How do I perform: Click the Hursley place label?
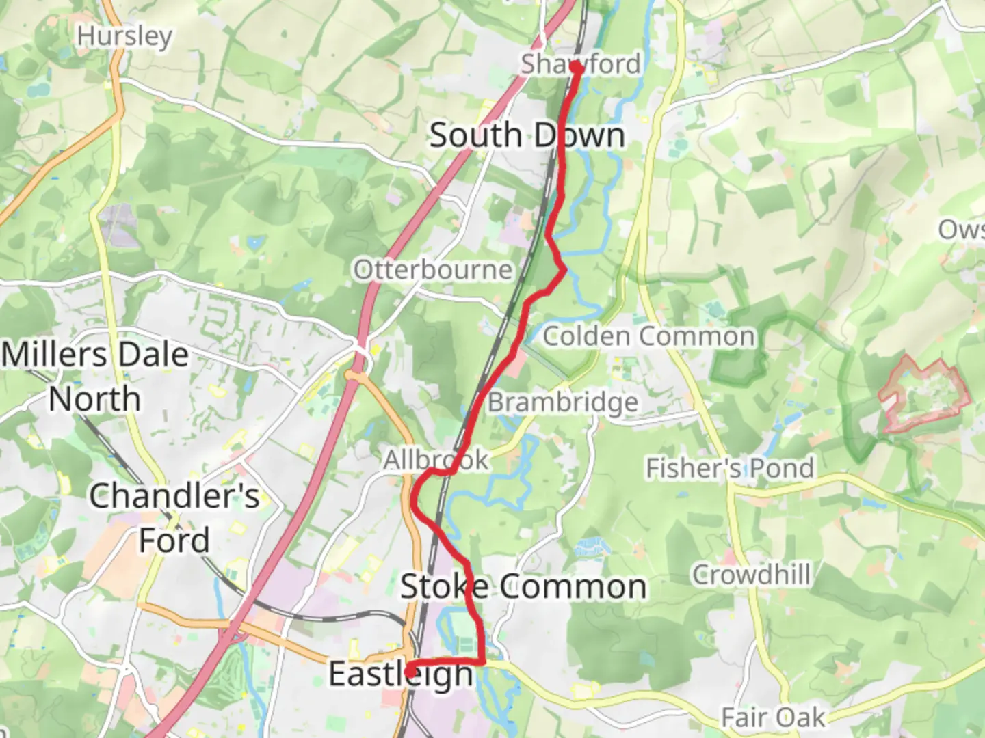[x=124, y=36]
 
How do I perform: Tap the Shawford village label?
[x=581, y=64]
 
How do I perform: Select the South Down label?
[x=527, y=135]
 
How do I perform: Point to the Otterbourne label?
[x=432, y=270]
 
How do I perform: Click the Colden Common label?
[x=648, y=336]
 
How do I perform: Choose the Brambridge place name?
[x=562, y=402]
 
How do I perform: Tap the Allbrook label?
[x=436, y=460]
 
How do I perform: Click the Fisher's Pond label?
[x=730, y=469]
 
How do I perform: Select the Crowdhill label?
[x=751, y=575]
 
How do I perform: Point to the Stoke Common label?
[x=523, y=587]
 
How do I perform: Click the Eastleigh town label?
[x=401, y=674]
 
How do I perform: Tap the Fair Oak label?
[x=773, y=717]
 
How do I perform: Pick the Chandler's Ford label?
[x=174, y=518]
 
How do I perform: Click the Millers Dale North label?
[x=95, y=377]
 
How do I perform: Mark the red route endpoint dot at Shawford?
[x=576, y=68]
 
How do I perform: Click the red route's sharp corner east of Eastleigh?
[x=484, y=661]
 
